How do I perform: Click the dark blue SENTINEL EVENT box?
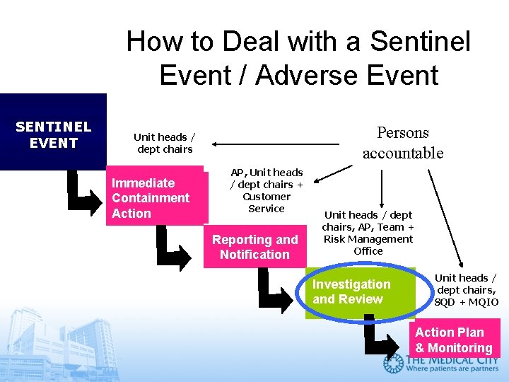tap(53, 132)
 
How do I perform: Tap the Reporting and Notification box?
tap(255, 248)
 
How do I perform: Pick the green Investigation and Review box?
tap(360, 292)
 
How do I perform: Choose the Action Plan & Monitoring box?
tap(454, 340)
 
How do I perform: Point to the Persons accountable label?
tap(403, 143)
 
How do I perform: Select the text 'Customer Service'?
tap(267, 202)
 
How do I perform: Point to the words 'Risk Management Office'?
tap(368, 245)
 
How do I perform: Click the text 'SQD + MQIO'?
tap(466, 302)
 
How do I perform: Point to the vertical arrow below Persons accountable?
tap(382, 187)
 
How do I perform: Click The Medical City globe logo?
tap(393, 364)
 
